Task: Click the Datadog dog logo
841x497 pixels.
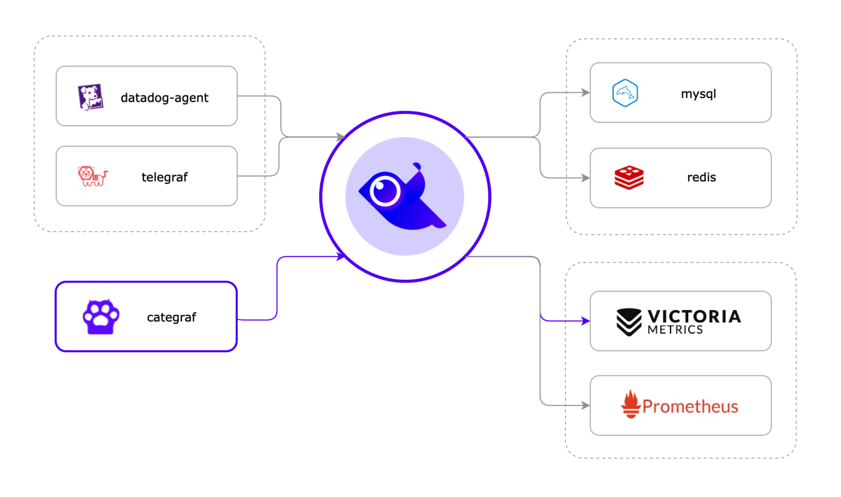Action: click(90, 97)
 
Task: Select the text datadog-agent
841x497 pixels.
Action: click(164, 98)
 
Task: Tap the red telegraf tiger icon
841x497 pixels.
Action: click(92, 176)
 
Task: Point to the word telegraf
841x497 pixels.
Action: click(164, 177)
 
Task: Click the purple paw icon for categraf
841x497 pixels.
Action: click(101, 317)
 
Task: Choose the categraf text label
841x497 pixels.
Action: click(171, 317)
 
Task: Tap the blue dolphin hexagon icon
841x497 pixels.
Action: click(625, 93)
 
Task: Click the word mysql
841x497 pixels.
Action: click(698, 94)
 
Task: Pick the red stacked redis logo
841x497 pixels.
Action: click(629, 178)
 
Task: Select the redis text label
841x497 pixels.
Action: click(701, 178)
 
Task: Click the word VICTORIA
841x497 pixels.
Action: click(694, 316)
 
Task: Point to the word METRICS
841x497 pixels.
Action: click(675, 330)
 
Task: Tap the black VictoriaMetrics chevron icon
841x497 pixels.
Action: click(628, 321)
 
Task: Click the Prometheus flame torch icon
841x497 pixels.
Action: click(630, 404)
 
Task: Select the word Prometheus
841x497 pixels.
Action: click(690, 406)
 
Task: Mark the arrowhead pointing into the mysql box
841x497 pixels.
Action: click(585, 93)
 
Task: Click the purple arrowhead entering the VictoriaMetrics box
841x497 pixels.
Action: click(585, 321)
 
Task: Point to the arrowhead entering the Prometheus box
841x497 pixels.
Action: click(585, 405)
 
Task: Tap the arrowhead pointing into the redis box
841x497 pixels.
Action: click(585, 178)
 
